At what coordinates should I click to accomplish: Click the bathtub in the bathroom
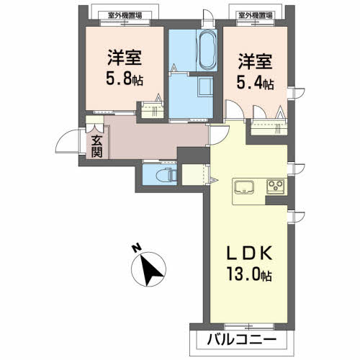coord(207,50)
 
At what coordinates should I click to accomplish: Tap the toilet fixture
coord(166,175)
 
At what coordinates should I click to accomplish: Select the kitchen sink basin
coord(243,186)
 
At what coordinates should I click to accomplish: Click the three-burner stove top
coord(276,186)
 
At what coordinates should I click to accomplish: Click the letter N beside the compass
coord(137,248)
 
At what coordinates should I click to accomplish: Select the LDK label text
coord(250,253)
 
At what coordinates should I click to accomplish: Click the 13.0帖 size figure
coord(250,274)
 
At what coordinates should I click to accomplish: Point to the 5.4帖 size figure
coord(255,83)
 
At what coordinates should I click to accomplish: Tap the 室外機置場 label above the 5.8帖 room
coord(125,16)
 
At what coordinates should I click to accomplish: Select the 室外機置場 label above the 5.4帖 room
coord(256,16)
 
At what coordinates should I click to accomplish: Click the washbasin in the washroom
coord(205,87)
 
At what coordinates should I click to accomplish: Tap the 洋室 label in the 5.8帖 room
coord(125,58)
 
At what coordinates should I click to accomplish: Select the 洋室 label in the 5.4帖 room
coord(255,61)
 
